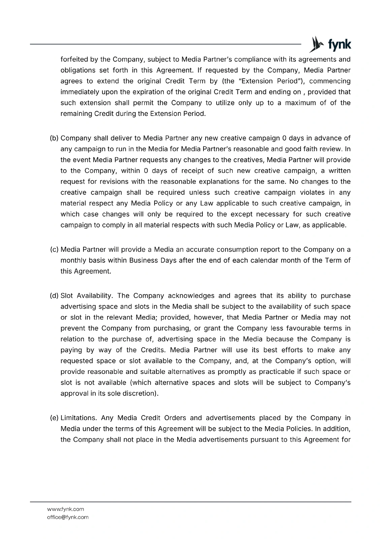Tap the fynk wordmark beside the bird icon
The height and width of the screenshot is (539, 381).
coord(339,45)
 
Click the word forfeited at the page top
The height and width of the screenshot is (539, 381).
coord(74,60)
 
